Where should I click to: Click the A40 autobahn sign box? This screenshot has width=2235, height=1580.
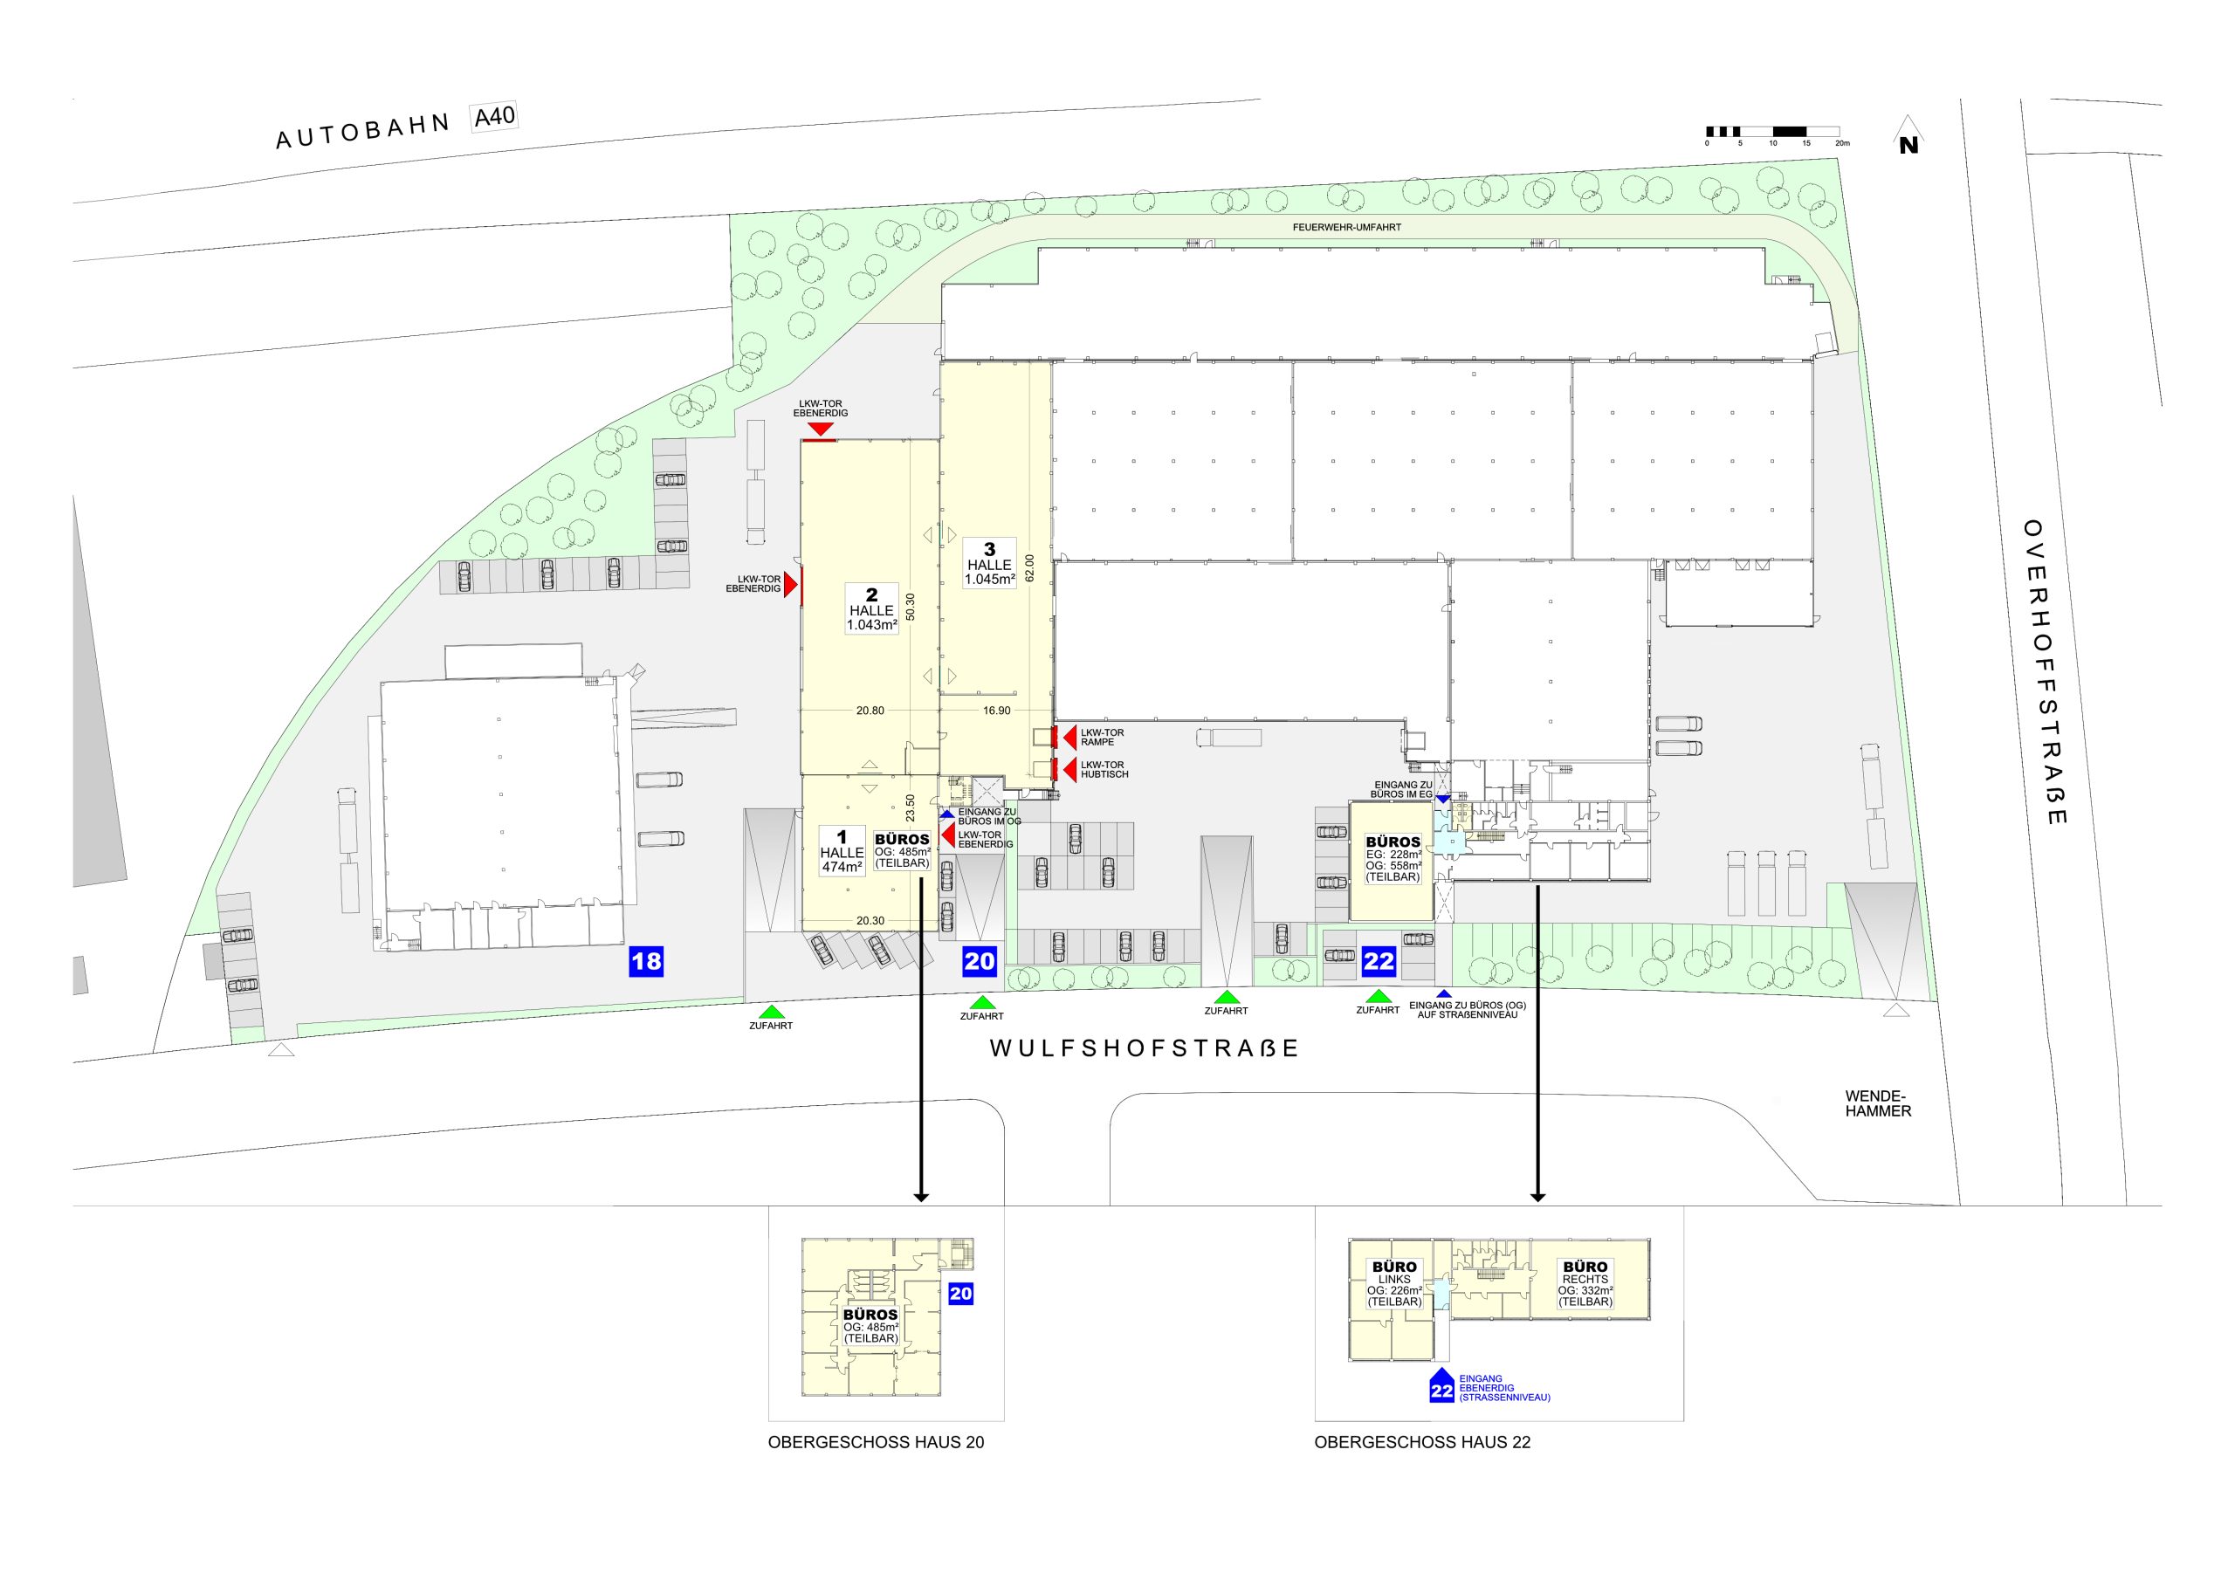(493, 117)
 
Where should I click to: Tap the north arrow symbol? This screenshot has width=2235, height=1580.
(1908, 135)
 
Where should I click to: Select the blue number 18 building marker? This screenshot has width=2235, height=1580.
(646, 962)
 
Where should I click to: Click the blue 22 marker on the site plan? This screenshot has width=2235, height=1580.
(1379, 962)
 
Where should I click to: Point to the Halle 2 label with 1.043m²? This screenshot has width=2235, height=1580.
(871, 609)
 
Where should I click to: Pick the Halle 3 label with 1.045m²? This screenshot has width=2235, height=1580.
(990, 564)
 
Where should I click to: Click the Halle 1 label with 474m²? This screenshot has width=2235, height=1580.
(842, 851)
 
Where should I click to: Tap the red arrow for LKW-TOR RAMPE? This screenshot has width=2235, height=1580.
(1069, 737)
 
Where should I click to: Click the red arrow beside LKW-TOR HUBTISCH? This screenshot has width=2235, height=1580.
(1069, 770)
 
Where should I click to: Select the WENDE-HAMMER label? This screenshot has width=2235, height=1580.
(1878, 1103)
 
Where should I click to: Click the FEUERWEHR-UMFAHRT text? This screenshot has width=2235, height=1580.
(1346, 227)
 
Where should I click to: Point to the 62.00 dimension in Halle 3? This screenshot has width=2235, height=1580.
(1030, 568)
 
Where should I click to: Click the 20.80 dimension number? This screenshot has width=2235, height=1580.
(870, 711)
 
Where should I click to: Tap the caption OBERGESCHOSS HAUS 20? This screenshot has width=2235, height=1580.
(876, 1442)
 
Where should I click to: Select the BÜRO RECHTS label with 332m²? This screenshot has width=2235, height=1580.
(1585, 1284)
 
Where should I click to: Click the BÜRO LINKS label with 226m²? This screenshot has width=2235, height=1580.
(1394, 1284)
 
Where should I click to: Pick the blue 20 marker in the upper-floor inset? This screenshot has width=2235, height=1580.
(960, 1293)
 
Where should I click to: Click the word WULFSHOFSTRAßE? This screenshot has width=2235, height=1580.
(1145, 1048)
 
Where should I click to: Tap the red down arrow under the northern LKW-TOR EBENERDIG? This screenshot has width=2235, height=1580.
(821, 429)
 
